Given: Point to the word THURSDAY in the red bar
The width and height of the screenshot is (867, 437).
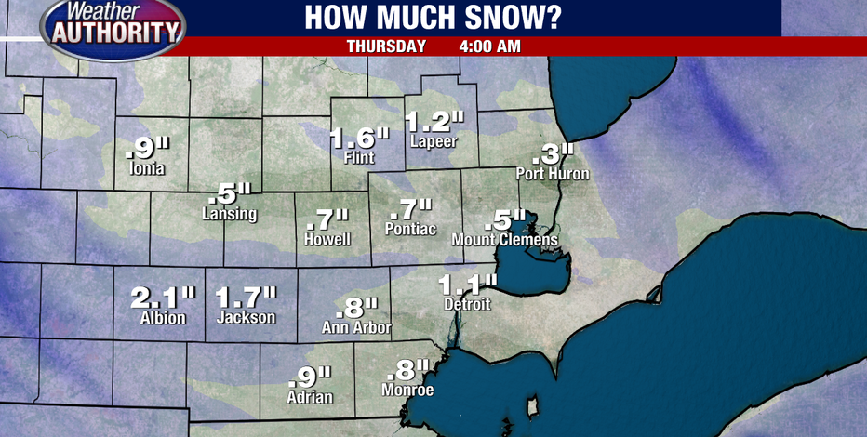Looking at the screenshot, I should pos(386,46).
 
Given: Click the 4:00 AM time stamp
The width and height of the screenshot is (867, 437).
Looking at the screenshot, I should pos(489,46).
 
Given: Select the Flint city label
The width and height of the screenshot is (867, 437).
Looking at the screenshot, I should pos(358,158).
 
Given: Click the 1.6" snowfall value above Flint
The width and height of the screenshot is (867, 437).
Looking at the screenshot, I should pos(359,139).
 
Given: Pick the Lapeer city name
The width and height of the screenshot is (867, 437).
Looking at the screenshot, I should pos(433,141).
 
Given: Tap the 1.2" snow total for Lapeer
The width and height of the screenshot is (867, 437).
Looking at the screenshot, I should pos(434,121).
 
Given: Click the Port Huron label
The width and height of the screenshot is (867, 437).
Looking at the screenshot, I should pos(553,173).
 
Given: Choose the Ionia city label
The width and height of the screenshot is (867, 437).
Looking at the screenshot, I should pos(148,168).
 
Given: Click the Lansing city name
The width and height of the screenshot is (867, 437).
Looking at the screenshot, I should pos(229,214).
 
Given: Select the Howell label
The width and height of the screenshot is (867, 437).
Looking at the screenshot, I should pos(327,239).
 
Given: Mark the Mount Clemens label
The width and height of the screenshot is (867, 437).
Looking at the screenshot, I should pos(504,240).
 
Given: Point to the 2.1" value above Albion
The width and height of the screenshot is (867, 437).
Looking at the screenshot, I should pos(163,298).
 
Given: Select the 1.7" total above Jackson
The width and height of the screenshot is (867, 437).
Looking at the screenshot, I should pos(246,298).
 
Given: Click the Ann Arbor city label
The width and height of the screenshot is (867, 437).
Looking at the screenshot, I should pos(355,326).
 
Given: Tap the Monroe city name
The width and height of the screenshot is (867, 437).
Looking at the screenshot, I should pos(407,390).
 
